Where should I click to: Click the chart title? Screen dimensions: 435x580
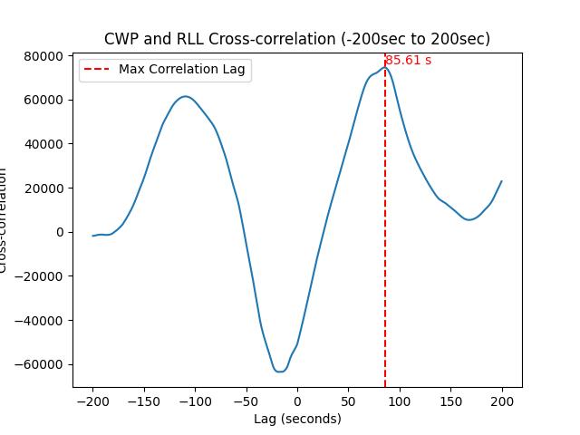pyautogui.click(x=297, y=39)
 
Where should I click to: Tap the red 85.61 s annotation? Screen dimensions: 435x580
pyautogui.click(x=409, y=61)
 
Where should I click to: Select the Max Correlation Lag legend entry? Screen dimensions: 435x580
pyautogui.click(x=181, y=70)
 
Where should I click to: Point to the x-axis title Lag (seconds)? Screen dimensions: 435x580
pyautogui.click(x=297, y=419)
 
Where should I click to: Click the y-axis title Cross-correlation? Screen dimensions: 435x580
pyautogui.click(x=5, y=220)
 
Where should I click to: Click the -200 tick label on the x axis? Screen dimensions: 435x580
pyautogui.click(x=92, y=401)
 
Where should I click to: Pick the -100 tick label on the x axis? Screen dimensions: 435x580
pyautogui.click(x=195, y=401)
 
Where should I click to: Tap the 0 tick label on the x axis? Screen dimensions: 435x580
pyautogui.click(x=297, y=401)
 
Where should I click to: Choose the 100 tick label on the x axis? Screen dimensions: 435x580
pyautogui.click(x=400, y=401)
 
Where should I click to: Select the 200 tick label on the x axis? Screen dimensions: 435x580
pyautogui.click(x=502, y=401)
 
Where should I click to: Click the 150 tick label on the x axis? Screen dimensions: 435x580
pyautogui.click(x=451, y=401)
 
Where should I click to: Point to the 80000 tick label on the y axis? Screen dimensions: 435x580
pyautogui.click(x=43, y=56)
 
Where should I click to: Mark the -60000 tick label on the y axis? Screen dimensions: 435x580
pyautogui.click(x=40, y=364)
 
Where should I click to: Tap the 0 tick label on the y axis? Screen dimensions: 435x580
pyautogui.click(x=60, y=232)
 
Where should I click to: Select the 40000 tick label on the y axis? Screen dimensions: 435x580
pyautogui.click(x=43, y=144)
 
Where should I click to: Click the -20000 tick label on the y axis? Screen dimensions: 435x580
pyautogui.click(x=40, y=276)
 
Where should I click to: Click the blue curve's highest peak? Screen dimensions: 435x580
pyautogui.click(x=384, y=68)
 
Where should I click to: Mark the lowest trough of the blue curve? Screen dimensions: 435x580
pyautogui.click(x=279, y=371)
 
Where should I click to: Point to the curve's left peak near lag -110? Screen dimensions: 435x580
pyautogui.click(x=185, y=96)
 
